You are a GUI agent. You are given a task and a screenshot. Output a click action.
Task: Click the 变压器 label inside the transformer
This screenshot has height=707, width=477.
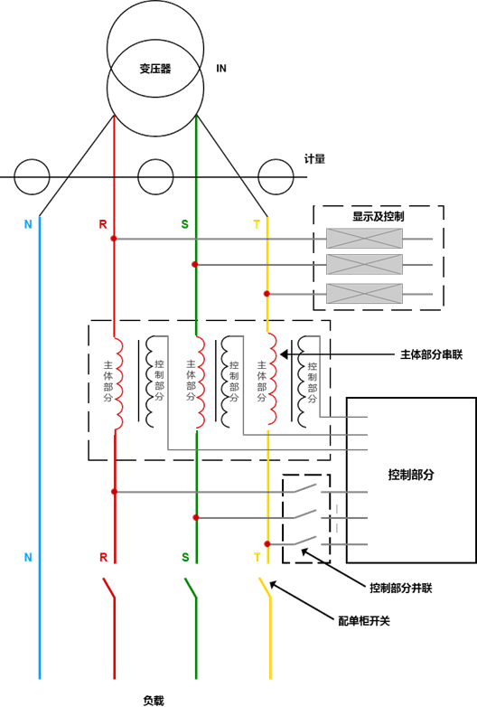tap(155, 69)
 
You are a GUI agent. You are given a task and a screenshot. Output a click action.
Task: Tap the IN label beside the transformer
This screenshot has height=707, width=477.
tap(221, 69)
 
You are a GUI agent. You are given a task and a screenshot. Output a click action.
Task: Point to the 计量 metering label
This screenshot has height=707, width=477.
tap(314, 159)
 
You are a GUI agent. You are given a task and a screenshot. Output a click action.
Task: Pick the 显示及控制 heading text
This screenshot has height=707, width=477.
tap(379, 216)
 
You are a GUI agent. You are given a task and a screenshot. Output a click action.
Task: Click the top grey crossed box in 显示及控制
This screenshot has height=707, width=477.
tap(364, 239)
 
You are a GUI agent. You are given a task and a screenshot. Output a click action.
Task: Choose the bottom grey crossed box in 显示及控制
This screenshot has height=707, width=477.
tap(364, 294)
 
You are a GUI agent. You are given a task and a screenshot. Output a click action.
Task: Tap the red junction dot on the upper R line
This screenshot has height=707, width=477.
tap(114, 239)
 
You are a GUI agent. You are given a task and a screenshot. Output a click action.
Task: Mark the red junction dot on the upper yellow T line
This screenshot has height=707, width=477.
tap(267, 294)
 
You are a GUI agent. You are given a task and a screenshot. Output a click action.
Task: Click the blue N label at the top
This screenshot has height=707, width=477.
tap(28, 224)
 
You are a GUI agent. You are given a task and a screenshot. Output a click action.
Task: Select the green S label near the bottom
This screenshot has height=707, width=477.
tap(185, 557)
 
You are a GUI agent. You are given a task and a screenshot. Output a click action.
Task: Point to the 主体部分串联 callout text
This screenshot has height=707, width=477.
tap(432, 354)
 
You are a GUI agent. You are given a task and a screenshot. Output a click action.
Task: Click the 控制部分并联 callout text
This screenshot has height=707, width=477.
tap(401, 588)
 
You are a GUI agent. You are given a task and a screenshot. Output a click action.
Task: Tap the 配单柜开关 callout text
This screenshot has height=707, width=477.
tap(364, 621)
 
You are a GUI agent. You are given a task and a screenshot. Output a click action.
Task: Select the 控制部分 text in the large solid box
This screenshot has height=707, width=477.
tap(411, 475)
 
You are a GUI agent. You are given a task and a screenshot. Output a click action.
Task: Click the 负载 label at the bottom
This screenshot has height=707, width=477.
tap(154, 701)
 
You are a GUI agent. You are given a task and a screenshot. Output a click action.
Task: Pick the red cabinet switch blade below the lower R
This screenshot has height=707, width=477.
tap(109, 588)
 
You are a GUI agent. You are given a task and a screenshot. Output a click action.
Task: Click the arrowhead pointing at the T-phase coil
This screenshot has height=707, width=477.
tap(284, 354)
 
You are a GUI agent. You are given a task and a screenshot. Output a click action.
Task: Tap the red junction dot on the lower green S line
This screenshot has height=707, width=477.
tap(195, 518)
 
